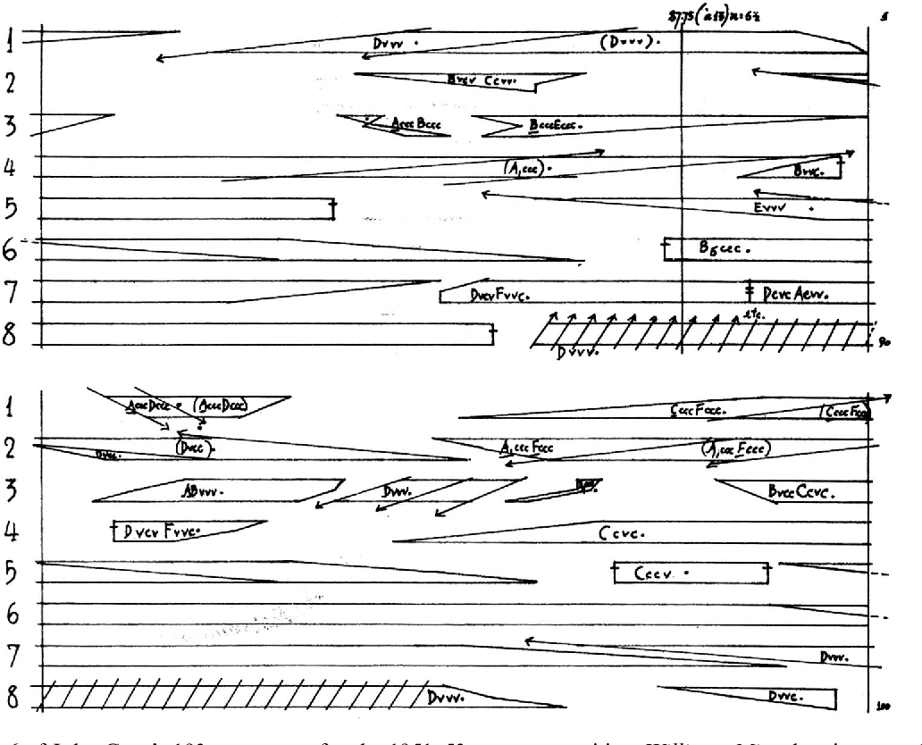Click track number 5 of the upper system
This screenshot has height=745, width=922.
[x=10, y=209]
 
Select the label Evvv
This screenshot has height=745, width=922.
[x=769, y=208]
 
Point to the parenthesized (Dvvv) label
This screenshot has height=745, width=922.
[x=628, y=42]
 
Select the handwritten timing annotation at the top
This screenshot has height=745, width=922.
[x=714, y=15]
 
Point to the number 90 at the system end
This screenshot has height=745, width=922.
[x=885, y=342]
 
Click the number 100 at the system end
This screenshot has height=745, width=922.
[x=884, y=706]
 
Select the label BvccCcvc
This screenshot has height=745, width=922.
[x=800, y=492]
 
